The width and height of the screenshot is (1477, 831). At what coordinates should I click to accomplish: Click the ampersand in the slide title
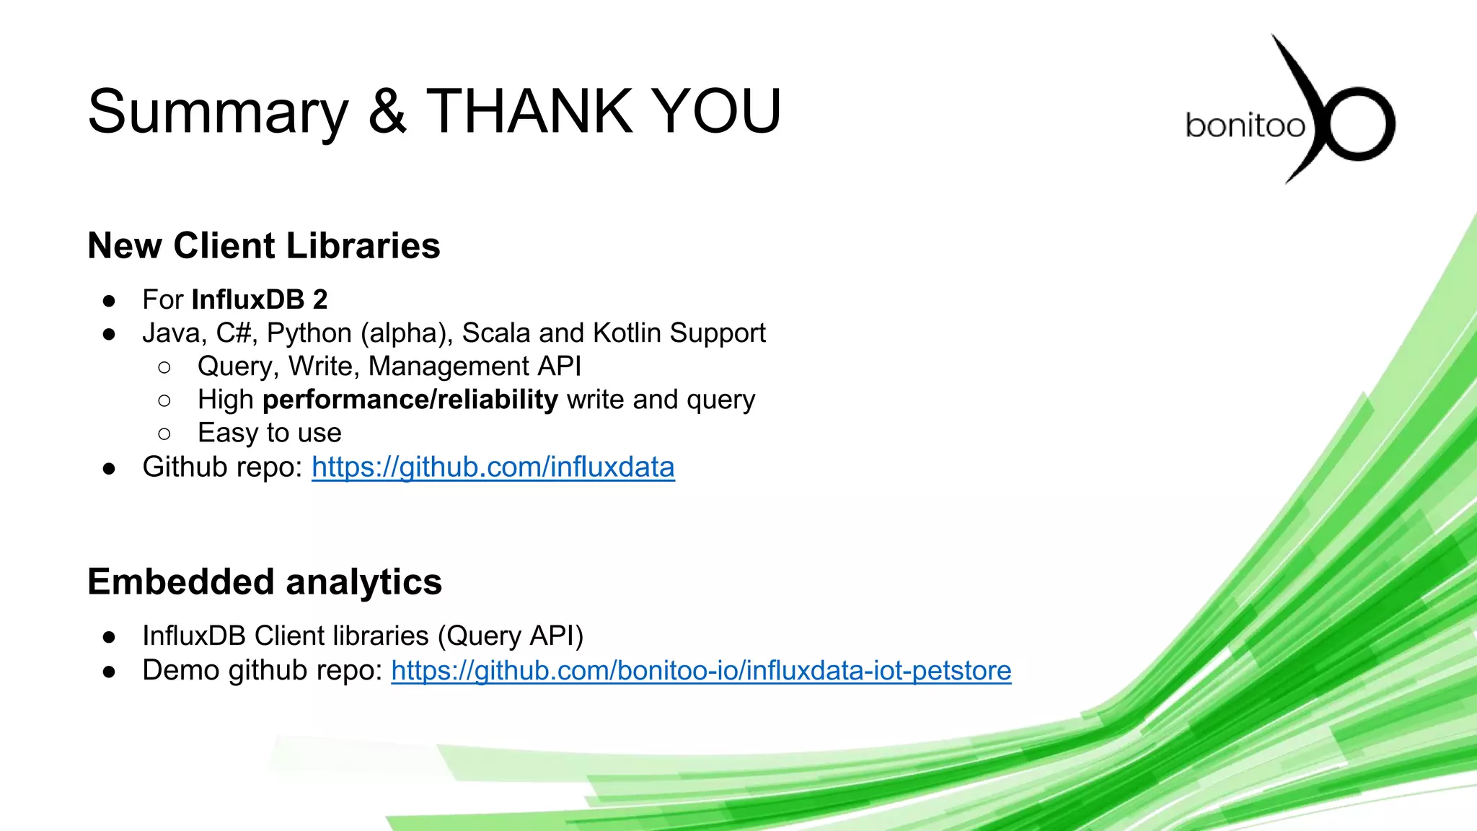click(387, 111)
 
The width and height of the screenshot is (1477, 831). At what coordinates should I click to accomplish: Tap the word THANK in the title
click(529, 111)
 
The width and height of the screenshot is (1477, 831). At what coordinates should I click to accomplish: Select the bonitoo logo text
click(1245, 126)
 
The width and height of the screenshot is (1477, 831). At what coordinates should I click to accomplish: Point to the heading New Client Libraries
click(263, 246)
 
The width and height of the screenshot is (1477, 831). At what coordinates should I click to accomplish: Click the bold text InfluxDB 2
click(260, 299)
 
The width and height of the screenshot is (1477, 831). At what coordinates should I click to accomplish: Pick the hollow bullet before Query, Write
click(164, 367)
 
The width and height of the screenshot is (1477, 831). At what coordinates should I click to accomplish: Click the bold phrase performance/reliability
click(410, 400)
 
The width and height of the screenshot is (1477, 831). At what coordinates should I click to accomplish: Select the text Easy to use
click(269, 433)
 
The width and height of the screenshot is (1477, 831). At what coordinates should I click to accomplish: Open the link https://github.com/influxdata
click(493, 467)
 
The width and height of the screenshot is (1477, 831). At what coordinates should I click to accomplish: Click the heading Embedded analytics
click(264, 582)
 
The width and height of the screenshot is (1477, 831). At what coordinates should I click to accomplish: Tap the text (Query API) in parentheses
click(511, 636)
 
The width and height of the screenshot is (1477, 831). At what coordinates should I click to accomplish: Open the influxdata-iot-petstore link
click(701, 671)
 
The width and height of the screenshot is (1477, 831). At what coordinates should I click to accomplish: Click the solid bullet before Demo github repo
click(109, 672)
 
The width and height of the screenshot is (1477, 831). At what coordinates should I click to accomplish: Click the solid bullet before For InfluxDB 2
click(109, 300)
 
